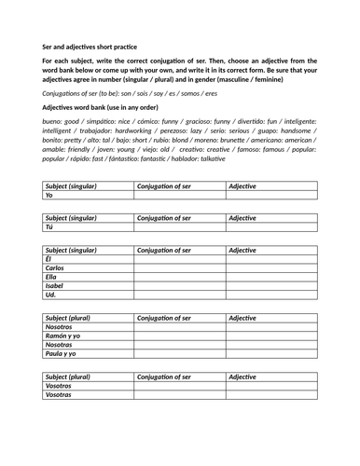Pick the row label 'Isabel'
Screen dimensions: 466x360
coord(57,286)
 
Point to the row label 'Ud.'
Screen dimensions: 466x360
coord(51,295)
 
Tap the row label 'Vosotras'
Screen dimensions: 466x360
coord(60,395)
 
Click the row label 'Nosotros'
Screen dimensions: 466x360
coord(60,327)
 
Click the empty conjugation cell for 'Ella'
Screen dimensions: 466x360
coord(179,277)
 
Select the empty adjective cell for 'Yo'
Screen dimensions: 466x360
coord(270,196)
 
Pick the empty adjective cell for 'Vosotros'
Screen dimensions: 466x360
coord(270,386)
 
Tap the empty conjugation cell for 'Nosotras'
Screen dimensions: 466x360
coord(179,345)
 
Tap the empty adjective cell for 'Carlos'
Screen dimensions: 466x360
coord(270,268)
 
